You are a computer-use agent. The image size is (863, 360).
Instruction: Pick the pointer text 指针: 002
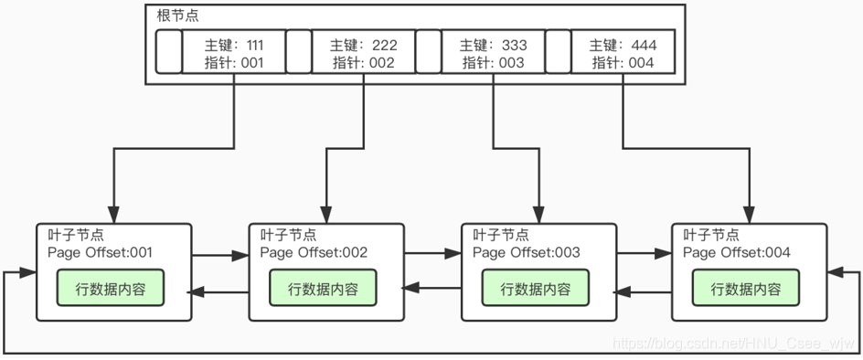(363, 63)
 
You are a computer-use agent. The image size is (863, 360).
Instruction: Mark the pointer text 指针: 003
(493, 63)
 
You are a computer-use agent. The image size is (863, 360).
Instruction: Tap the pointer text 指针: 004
(623, 63)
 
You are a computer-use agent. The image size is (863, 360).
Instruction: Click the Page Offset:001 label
(101, 253)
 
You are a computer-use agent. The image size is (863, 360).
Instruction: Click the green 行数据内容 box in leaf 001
(112, 289)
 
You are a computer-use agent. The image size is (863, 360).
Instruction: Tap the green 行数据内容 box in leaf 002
(324, 289)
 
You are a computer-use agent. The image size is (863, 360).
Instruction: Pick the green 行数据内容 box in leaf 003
(536, 289)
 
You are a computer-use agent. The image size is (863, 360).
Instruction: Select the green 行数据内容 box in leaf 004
(747, 289)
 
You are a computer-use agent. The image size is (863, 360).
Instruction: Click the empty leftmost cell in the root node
(168, 52)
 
